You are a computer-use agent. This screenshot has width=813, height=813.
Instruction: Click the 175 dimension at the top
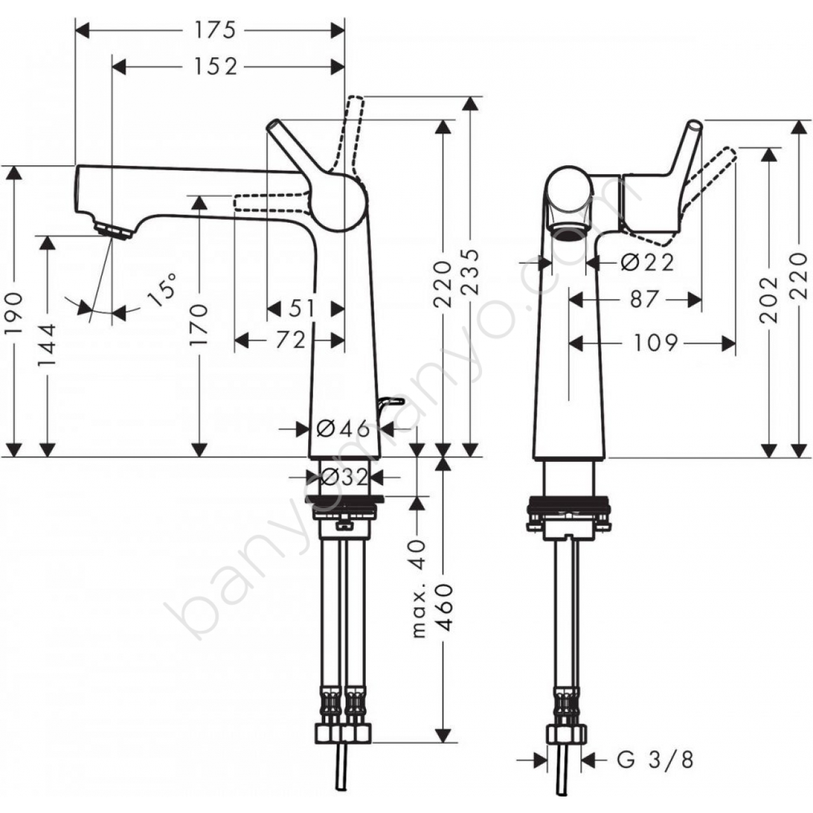pyautogui.click(x=215, y=30)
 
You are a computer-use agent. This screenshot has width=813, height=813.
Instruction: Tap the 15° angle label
pyautogui.click(x=161, y=291)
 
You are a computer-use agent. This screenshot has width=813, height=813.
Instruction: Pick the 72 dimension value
pyautogui.click(x=291, y=340)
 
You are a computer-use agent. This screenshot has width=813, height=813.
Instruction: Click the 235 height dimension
pyautogui.click(x=471, y=272)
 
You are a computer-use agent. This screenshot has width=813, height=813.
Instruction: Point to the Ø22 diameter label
pyautogui.click(x=648, y=264)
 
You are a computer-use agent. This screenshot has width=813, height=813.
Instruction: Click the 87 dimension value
pyautogui.click(x=644, y=300)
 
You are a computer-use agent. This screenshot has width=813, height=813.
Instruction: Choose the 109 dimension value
pyautogui.click(x=655, y=343)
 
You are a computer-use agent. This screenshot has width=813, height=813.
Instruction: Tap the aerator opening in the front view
pyautogui.click(x=570, y=232)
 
